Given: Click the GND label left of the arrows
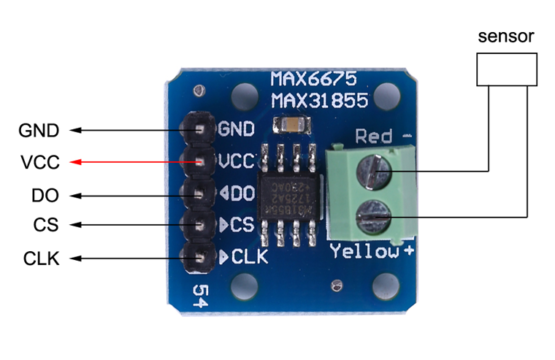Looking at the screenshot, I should [x=39, y=130].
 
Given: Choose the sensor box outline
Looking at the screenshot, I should [x=500, y=69].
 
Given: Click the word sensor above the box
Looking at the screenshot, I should [x=500, y=38].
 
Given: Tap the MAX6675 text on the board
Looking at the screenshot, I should [x=310, y=80].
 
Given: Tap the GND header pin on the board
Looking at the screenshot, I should [x=198, y=129].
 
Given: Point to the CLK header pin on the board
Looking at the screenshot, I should [x=198, y=257].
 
